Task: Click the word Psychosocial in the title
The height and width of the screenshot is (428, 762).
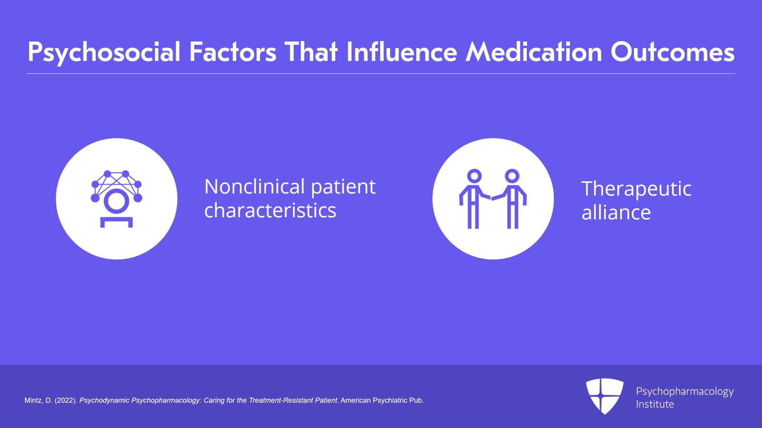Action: click(x=104, y=52)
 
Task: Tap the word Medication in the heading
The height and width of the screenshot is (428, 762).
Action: click(x=534, y=52)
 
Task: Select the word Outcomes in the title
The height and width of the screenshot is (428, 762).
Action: click(x=672, y=52)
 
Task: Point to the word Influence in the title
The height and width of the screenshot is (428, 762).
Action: click(x=401, y=52)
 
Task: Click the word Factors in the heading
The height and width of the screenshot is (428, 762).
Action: click(x=233, y=52)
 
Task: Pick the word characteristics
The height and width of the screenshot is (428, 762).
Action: click(x=270, y=210)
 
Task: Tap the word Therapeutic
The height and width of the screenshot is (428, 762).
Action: click(x=636, y=189)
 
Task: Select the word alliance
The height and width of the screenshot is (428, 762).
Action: click(x=616, y=212)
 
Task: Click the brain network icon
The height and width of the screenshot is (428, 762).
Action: click(x=116, y=199)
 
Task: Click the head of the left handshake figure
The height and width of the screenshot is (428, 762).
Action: click(x=474, y=176)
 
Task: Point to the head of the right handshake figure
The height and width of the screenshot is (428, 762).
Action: click(x=512, y=176)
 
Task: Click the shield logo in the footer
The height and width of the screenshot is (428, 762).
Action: click(x=605, y=396)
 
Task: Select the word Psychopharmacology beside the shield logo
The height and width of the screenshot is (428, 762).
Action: click(x=685, y=392)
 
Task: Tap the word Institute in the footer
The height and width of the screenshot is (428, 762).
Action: click(x=655, y=404)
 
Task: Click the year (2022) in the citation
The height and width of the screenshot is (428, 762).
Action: click(x=66, y=400)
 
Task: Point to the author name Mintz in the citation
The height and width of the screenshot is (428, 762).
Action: click(x=34, y=400)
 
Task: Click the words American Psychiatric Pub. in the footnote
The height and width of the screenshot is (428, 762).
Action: click(x=382, y=400)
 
